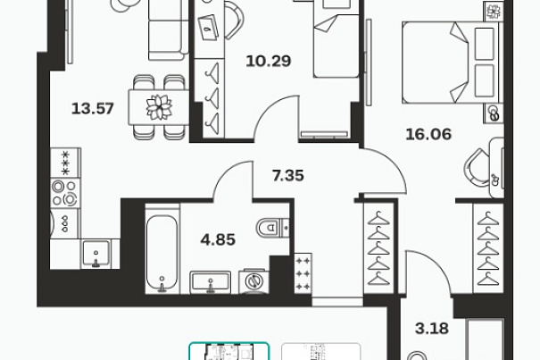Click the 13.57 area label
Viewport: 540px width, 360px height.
point(93,109)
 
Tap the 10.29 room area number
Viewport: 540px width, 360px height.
point(269,61)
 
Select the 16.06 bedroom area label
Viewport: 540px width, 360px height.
point(428,134)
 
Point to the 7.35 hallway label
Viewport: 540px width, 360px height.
point(288,175)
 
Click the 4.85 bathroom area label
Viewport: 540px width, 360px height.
point(218,239)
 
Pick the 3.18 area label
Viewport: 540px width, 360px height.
point(432,328)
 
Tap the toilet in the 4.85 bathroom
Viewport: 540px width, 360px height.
point(273,227)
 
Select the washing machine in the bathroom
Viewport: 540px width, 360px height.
point(254,281)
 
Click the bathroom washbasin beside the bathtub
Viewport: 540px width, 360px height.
point(210,282)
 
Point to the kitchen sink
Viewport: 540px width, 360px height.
point(96,254)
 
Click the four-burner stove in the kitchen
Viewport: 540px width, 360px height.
point(65,193)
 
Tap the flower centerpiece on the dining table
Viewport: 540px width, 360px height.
point(159,107)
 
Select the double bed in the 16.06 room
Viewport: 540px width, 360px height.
point(450,63)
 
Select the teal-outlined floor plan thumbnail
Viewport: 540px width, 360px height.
point(228,351)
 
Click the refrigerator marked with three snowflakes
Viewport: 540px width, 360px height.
point(65,163)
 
